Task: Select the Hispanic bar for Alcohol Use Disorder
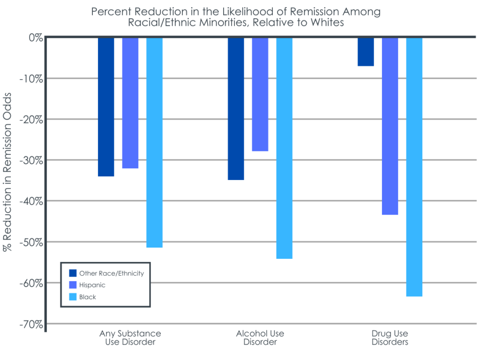(260, 94)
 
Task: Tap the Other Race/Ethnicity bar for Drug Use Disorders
(366, 52)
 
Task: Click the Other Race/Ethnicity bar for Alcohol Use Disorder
(236, 108)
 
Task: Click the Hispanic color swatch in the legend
(73, 285)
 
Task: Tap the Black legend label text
(88, 297)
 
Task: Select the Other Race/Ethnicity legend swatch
(73, 273)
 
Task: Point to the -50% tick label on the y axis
(31, 242)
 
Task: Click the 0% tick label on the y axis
(36, 37)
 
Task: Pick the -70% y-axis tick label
(31, 324)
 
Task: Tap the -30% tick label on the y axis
(31, 160)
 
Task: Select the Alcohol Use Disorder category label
(260, 337)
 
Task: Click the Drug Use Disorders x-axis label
(390, 337)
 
